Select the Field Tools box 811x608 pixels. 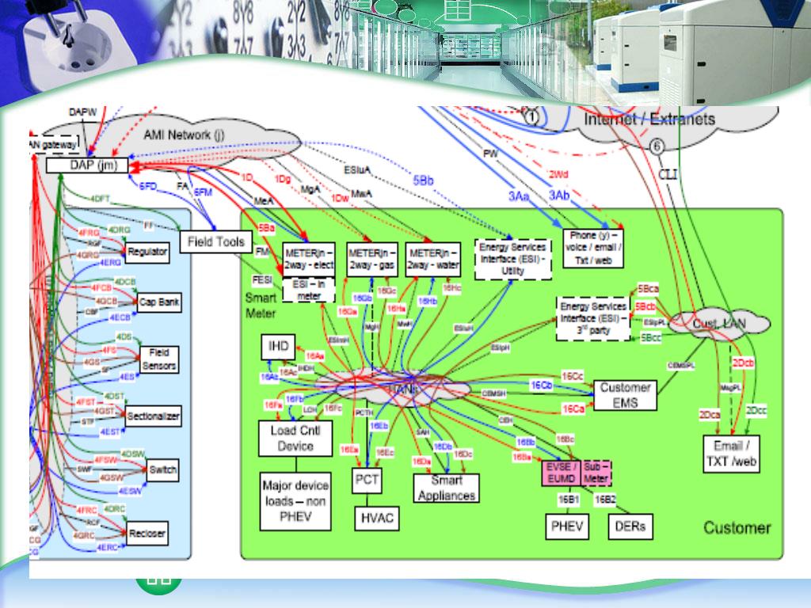pyautogui.click(x=215, y=241)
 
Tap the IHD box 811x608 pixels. pyautogui.click(x=279, y=346)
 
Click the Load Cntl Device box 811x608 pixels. pyautogui.click(x=296, y=438)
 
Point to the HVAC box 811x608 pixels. pyautogui.click(x=377, y=519)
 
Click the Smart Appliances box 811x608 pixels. pyautogui.click(x=447, y=488)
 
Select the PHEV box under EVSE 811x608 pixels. pyautogui.click(x=567, y=526)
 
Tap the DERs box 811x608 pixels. pyautogui.click(x=630, y=526)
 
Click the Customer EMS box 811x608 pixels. pyautogui.click(x=626, y=395)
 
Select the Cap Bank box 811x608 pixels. pyautogui.click(x=158, y=302)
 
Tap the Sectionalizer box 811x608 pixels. pyautogui.click(x=154, y=416)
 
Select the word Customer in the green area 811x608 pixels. pyautogui.click(x=737, y=528)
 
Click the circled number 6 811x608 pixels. pyautogui.click(x=657, y=146)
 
